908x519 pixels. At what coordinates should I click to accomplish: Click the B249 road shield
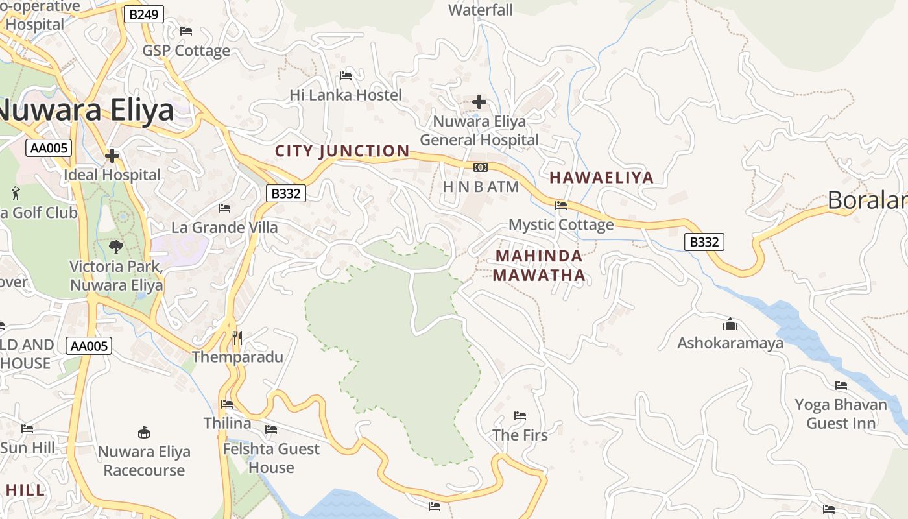[143, 14]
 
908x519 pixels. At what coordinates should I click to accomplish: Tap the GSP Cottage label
[186, 51]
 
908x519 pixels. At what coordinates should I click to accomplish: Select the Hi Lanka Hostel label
[346, 95]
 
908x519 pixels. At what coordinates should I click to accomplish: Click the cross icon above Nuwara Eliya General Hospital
[479, 102]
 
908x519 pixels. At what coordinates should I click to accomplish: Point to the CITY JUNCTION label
[342, 151]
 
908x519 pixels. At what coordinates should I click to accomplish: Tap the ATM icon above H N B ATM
[481, 167]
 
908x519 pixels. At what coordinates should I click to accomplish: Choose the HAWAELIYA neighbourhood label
[602, 178]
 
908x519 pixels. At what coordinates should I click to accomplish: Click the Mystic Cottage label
[561, 224]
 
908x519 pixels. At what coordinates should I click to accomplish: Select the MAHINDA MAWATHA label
[539, 265]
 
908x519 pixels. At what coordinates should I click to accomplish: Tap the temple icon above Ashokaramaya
[730, 324]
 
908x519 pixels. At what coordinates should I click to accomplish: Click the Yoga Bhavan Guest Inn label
[841, 414]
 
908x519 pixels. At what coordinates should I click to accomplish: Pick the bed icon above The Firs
[520, 416]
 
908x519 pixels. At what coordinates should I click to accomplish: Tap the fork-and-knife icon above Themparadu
[237, 338]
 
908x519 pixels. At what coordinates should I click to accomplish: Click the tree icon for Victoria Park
[116, 247]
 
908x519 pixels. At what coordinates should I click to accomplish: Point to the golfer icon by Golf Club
[16, 193]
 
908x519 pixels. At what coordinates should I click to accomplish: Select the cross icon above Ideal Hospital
[112, 156]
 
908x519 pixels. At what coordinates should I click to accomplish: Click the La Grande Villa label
[224, 228]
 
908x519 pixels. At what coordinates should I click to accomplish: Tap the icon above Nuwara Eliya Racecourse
[144, 433]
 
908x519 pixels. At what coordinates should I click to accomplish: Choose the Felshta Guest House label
[271, 458]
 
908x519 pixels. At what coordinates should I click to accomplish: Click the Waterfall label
[481, 10]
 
